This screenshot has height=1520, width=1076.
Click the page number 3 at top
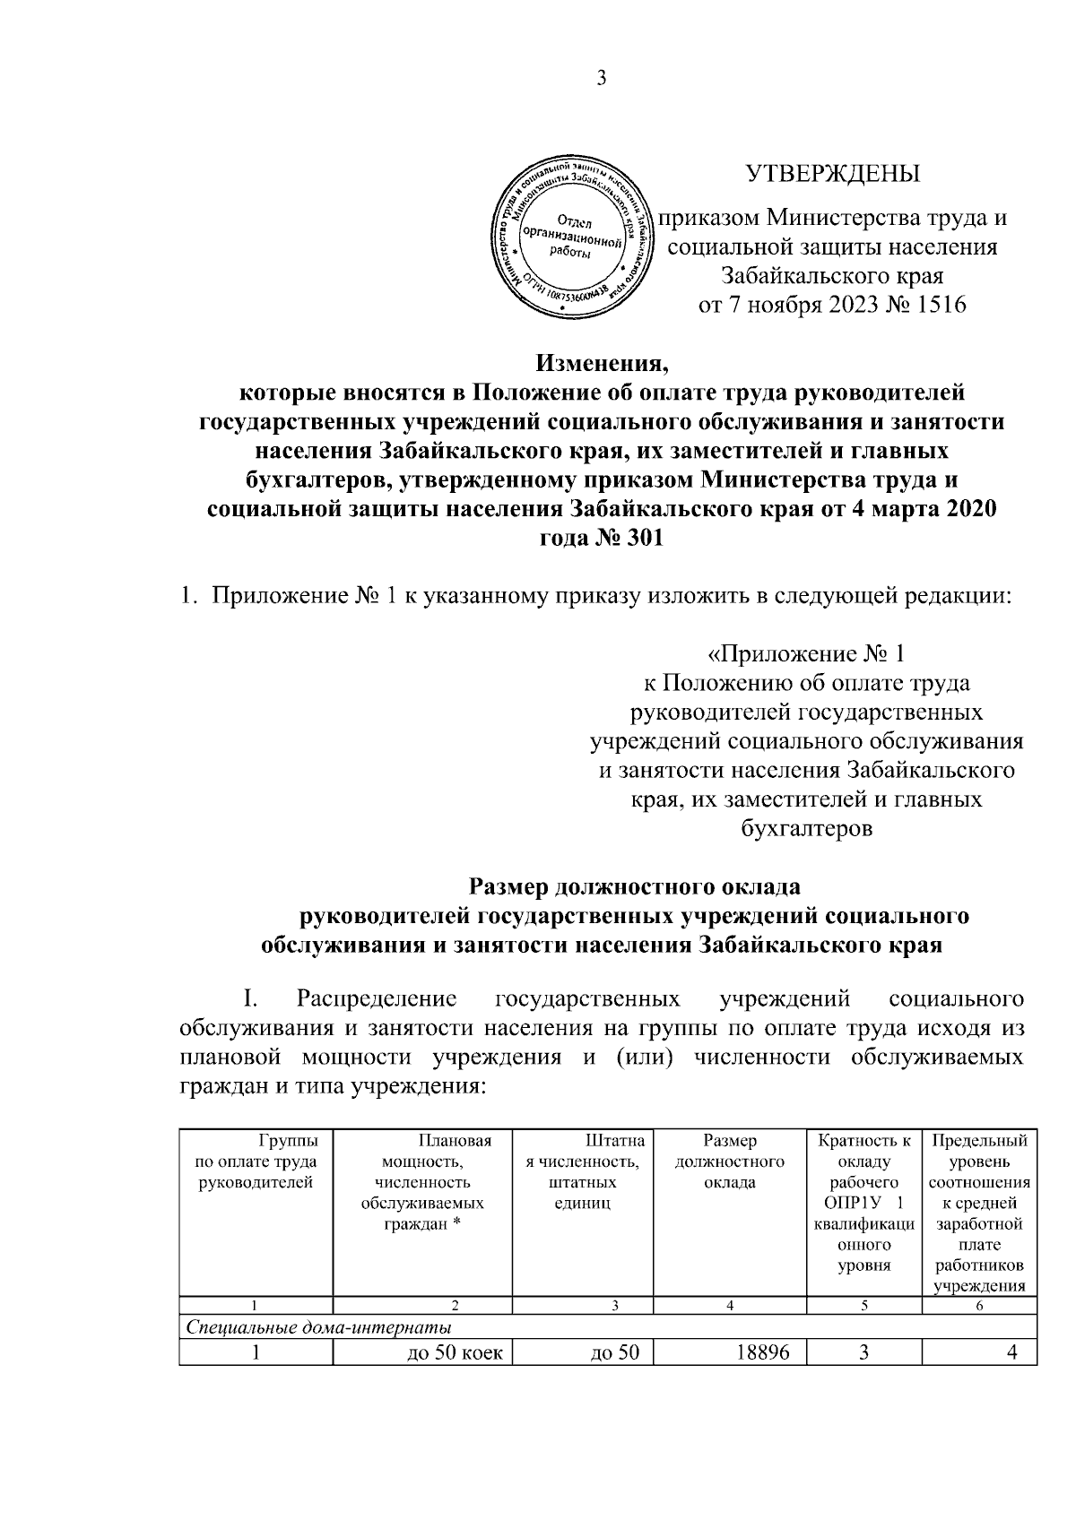click(603, 79)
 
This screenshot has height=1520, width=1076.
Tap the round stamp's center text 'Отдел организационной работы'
click(577, 238)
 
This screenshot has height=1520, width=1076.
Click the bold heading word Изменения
click(603, 365)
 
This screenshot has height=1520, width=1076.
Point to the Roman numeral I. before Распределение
click(250, 999)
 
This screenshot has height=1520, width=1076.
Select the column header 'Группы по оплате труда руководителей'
click(256, 1162)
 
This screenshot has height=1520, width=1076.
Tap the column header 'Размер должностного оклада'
click(729, 1162)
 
